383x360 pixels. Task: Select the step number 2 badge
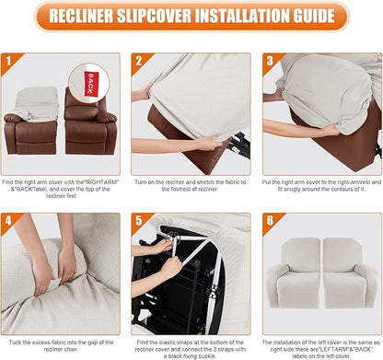click(x=140, y=63)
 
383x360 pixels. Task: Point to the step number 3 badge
click(x=270, y=63)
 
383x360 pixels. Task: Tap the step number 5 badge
click(x=140, y=222)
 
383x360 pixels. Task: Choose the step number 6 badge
click(x=270, y=222)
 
